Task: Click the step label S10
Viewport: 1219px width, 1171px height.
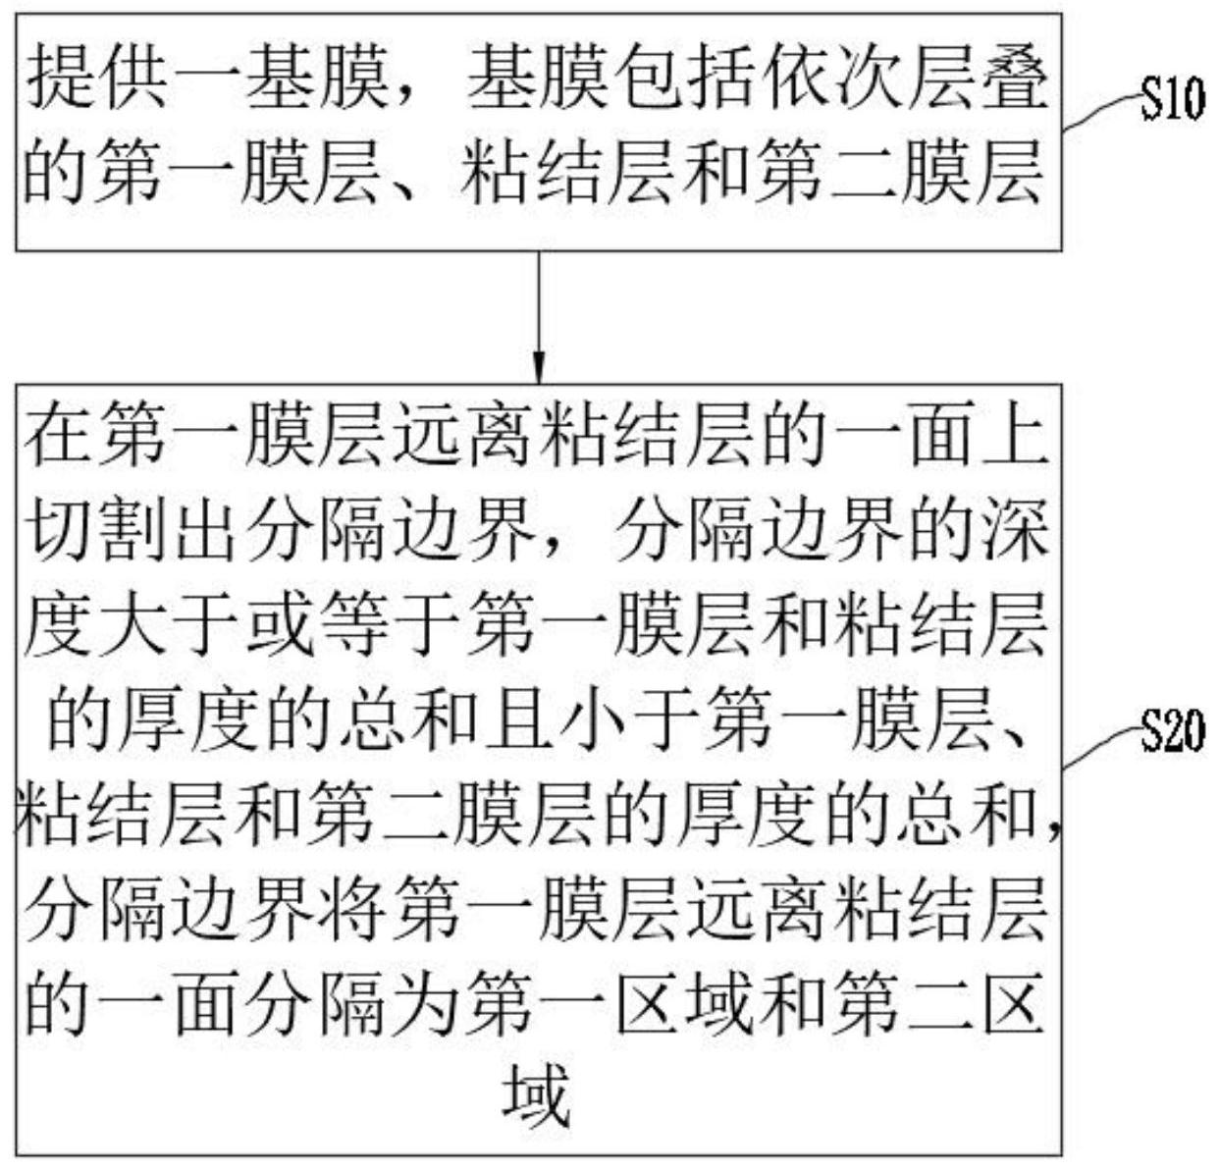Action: pos(1171,100)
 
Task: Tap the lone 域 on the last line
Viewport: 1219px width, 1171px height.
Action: pos(538,1094)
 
